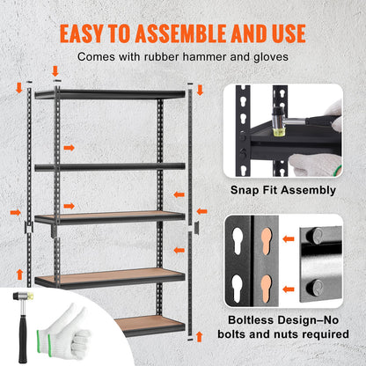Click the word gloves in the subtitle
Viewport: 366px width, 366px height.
(x=270, y=57)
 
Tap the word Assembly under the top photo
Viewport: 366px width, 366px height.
(x=307, y=189)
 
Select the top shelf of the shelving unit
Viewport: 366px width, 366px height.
(x=110, y=93)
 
